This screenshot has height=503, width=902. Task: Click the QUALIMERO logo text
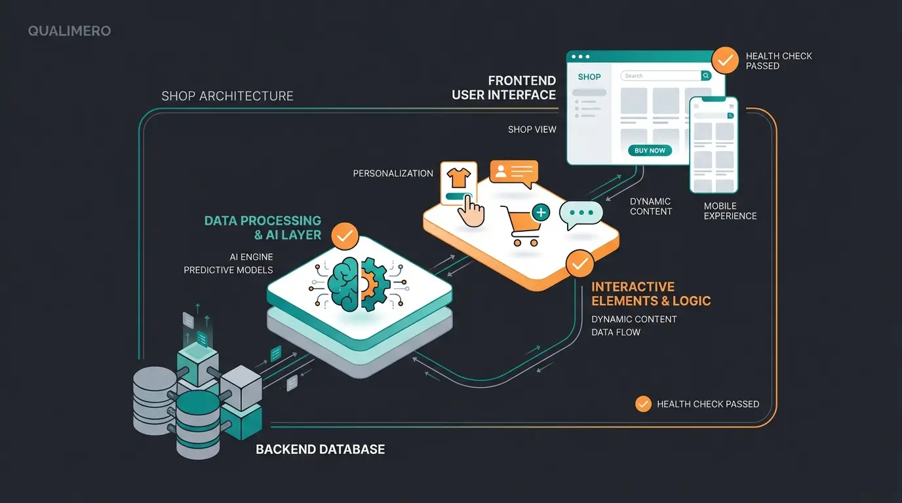point(69,31)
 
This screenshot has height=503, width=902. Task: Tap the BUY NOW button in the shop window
point(650,151)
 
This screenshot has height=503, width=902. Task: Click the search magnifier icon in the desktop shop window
point(706,76)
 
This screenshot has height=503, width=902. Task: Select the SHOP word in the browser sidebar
point(589,77)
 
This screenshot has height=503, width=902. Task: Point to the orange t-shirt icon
point(458,177)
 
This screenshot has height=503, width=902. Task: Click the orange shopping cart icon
point(520,225)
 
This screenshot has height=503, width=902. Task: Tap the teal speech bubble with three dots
point(580,214)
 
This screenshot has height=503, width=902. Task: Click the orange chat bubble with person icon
point(513,173)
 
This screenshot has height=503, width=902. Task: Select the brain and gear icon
point(358,283)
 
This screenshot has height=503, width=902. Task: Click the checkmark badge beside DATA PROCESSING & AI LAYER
point(345,236)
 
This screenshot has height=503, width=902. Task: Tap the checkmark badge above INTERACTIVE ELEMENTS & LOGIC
point(579,263)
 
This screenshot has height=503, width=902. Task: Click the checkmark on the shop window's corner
point(724,60)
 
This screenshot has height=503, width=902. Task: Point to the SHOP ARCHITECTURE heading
point(227,96)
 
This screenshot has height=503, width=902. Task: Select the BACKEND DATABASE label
point(320,449)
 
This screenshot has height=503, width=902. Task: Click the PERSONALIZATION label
point(393,174)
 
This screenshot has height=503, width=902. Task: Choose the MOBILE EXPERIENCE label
point(730,211)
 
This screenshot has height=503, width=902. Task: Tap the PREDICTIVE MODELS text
point(228,270)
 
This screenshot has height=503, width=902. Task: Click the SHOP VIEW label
point(532,130)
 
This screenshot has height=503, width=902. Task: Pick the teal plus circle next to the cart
point(541,212)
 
